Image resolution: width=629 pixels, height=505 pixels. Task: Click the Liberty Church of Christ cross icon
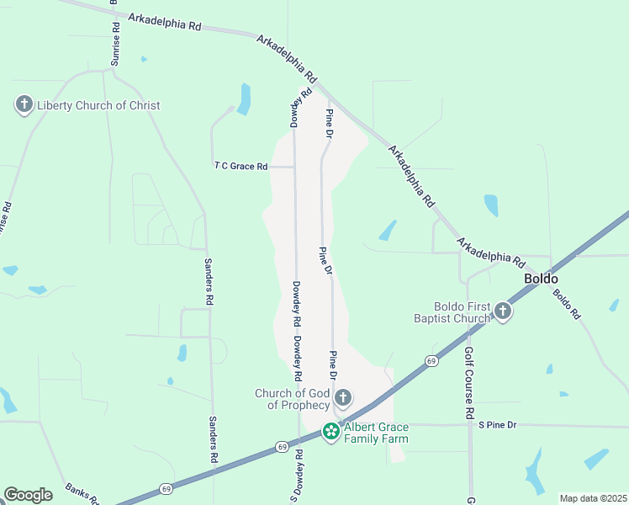[24, 105]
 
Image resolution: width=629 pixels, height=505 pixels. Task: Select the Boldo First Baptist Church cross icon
[503, 312]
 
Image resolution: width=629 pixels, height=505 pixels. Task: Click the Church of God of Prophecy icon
[342, 397]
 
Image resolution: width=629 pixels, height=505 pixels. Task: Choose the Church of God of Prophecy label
[293, 399]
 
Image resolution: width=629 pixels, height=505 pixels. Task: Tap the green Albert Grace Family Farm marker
[331, 433]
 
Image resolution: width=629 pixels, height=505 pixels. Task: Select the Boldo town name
[541, 279]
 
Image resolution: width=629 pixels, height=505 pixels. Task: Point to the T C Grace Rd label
[240, 167]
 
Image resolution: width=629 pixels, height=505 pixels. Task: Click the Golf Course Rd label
[469, 384]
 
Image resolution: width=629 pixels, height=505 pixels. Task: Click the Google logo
[28, 495]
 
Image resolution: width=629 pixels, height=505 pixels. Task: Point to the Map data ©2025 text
[593, 498]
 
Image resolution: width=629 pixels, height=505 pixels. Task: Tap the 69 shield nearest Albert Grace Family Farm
[282, 447]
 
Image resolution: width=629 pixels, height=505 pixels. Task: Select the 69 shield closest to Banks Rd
[166, 488]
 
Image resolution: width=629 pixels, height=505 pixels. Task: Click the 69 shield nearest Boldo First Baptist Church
[431, 361]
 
